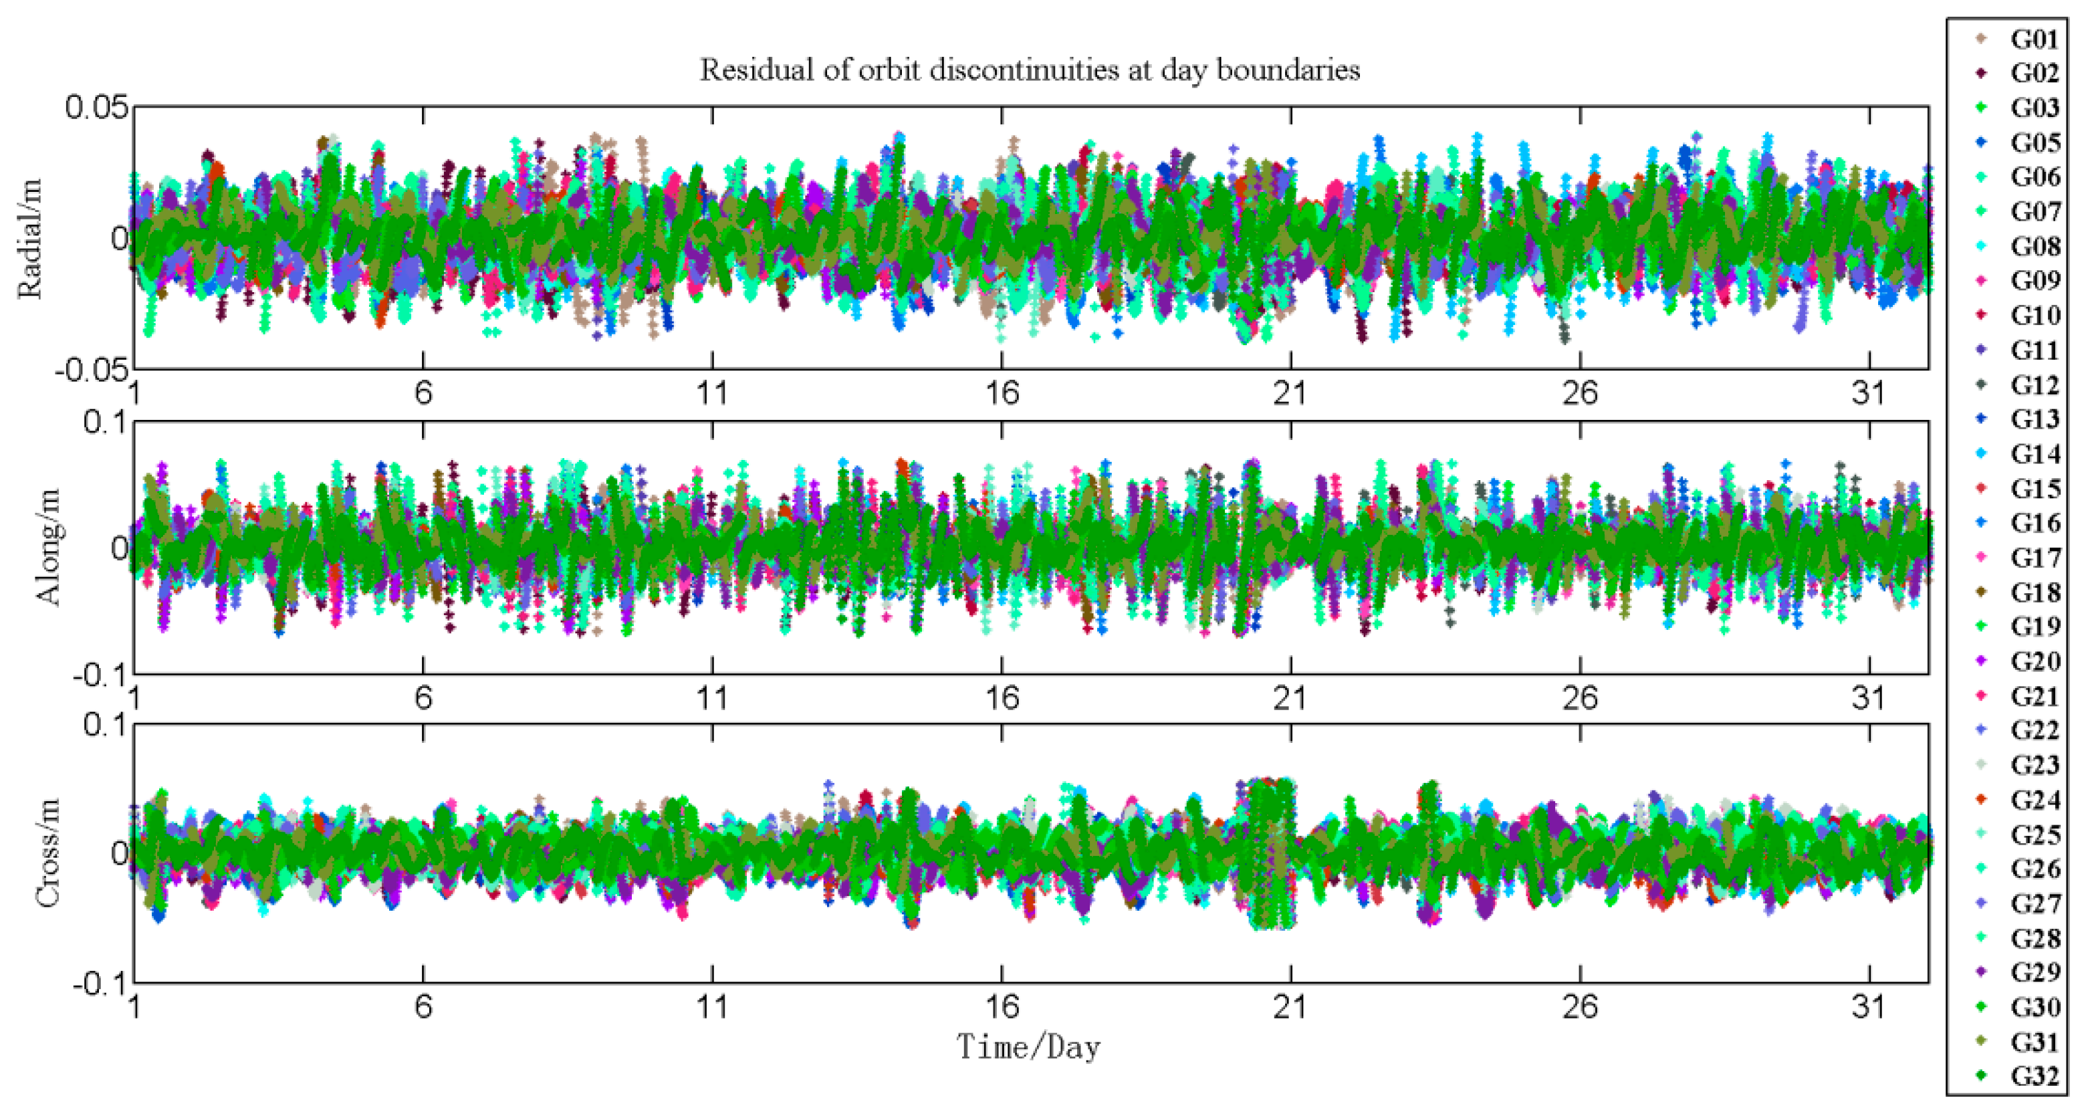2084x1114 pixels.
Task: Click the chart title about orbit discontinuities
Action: point(1029,70)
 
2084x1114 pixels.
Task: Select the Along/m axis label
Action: point(49,547)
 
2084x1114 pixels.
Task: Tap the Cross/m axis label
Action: point(49,853)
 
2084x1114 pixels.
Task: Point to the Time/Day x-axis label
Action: point(1029,1048)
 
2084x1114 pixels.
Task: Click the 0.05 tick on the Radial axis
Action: point(97,108)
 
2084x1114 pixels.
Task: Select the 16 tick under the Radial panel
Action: point(1002,394)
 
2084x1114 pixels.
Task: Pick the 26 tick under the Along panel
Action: point(1579,698)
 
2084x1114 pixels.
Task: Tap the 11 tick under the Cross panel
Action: point(712,1007)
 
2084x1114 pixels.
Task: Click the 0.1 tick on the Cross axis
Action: point(105,725)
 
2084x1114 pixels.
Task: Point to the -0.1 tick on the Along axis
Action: point(100,675)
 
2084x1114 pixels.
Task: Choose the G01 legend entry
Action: point(2034,39)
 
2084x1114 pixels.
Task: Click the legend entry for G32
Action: point(2034,1076)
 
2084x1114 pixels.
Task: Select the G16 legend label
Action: point(2034,524)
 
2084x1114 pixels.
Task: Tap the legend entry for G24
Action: point(2034,800)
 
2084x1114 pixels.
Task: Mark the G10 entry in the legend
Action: point(2034,316)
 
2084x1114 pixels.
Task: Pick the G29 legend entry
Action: point(2034,972)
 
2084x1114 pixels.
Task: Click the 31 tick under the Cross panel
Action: point(1868,1007)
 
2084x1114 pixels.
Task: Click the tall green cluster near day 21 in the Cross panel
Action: point(1270,853)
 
